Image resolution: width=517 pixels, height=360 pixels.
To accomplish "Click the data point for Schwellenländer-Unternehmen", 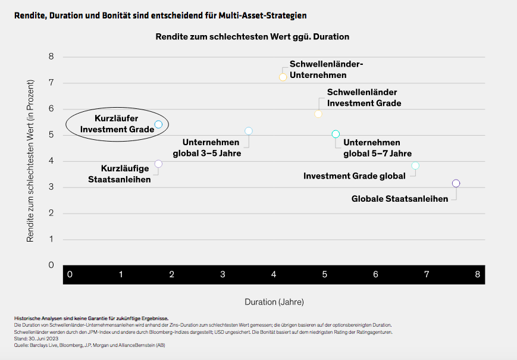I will point(283,77).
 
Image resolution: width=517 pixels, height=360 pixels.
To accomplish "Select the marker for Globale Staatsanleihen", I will point(456,184).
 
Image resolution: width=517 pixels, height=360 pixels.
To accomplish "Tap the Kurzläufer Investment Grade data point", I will point(158,124).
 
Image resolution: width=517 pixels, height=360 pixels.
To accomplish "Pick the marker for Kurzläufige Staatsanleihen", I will point(158,164).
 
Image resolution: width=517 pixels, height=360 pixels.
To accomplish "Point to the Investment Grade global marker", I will point(415,165).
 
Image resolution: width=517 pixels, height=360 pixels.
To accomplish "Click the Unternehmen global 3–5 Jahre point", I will point(249,131).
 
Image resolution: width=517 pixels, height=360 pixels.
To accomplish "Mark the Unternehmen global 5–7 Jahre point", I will point(336,134).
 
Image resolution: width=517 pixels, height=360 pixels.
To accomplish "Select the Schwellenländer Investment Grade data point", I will point(318,114).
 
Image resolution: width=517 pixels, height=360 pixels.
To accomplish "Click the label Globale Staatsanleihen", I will point(400,199).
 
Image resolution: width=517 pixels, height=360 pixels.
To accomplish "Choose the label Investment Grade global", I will point(355,176).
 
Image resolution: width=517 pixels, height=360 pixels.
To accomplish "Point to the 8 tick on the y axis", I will point(51,57).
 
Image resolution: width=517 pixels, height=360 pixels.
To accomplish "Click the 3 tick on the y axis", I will point(51,187).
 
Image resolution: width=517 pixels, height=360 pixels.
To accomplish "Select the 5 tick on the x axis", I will point(325,274).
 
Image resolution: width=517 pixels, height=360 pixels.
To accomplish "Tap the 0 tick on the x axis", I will point(70,274).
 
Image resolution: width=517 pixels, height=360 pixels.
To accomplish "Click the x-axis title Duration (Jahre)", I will point(274,302).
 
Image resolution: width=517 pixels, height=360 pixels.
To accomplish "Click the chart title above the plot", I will point(252,36).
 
